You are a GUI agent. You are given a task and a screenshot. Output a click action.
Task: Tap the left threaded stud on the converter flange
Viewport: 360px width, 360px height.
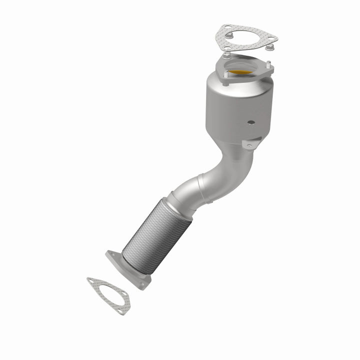[225, 75]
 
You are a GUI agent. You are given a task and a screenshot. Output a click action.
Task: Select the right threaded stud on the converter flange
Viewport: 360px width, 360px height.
[268, 65]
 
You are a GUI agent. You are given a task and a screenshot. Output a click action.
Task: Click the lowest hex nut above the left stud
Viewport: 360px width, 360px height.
[226, 50]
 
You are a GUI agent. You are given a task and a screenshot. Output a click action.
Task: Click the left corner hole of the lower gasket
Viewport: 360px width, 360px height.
[91, 281]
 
